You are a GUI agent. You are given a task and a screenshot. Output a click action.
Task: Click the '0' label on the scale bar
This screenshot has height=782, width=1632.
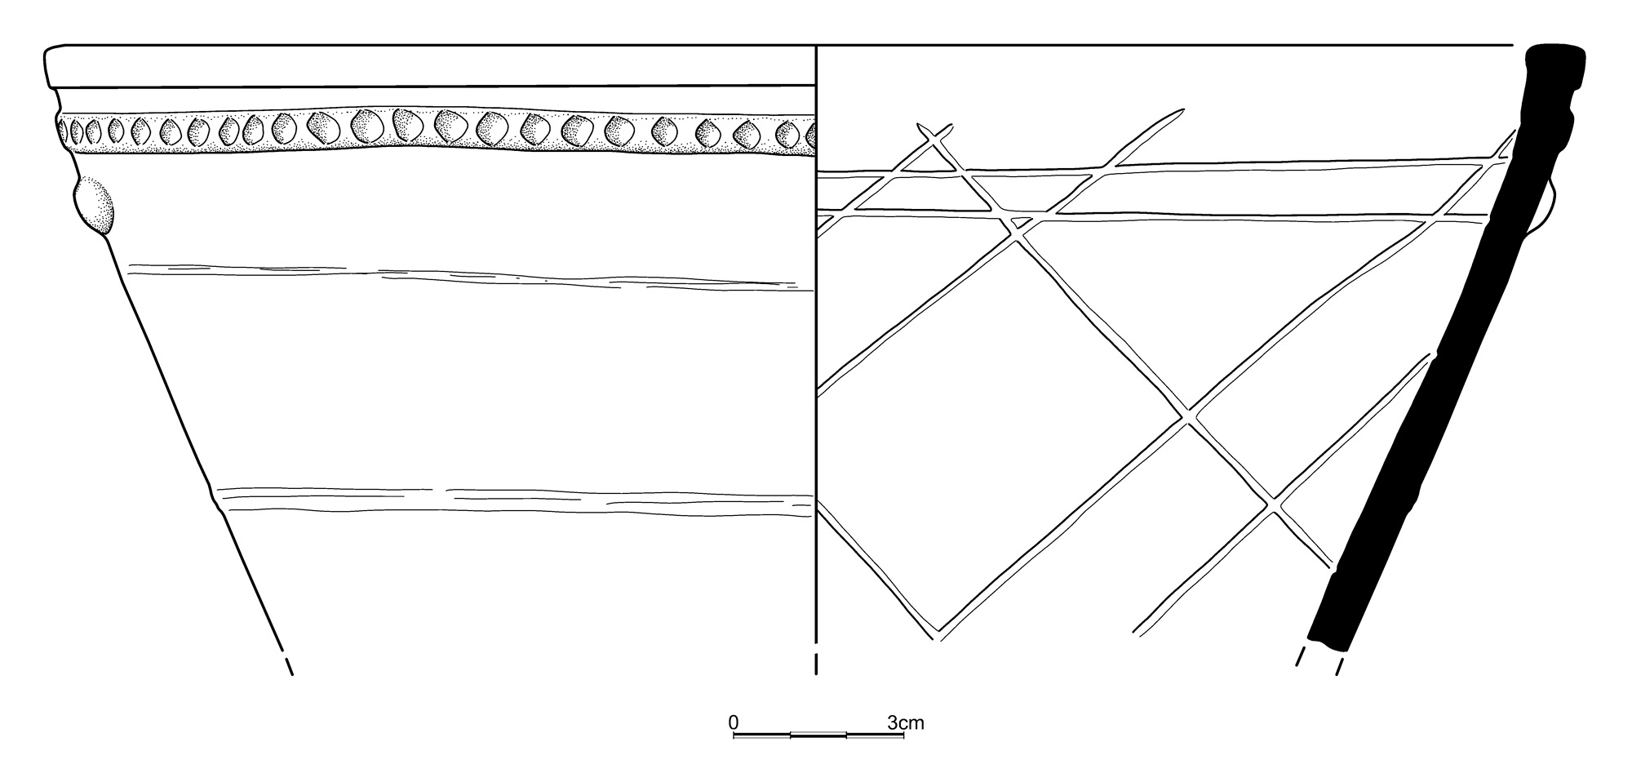click(x=733, y=722)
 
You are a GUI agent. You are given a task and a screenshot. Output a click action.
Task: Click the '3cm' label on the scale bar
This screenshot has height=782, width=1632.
click(x=906, y=722)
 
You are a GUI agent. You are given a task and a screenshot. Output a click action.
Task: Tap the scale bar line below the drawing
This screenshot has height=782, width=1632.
click(x=818, y=735)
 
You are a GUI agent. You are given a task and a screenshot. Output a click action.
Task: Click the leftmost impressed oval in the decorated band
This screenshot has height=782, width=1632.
click(x=64, y=131)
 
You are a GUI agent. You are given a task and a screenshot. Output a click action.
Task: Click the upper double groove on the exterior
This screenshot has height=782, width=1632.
click(x=465, y=277)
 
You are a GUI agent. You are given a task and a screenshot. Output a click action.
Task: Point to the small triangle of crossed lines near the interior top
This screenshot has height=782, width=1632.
click(x=929, y=162)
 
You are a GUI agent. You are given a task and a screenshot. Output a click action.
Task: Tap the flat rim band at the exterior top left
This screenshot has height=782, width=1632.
click(x=431, y=66)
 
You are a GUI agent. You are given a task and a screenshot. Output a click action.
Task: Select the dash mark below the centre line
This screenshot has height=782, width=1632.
click(x=817, y=664)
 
